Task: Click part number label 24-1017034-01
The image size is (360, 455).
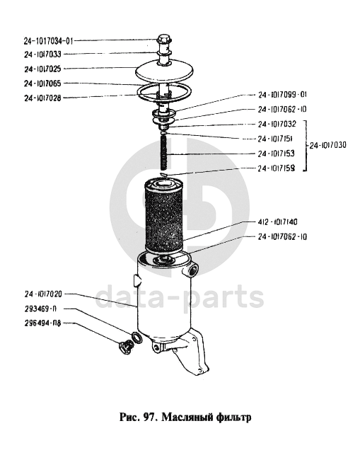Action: point(48,41)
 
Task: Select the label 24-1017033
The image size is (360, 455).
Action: point(42,54)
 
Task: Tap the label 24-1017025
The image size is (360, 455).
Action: point(42,69)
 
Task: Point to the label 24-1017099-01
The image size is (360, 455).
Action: point(282,95)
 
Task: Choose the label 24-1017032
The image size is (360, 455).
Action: point(277,125)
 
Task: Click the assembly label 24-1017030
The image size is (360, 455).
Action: point(327,145)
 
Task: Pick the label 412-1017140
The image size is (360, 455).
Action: point(277,222)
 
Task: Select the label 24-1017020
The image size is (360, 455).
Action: point(43,294)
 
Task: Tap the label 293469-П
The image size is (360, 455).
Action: point(40,309)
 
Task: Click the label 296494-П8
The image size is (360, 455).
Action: point(43,323)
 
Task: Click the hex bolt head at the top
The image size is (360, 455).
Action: point(164,39)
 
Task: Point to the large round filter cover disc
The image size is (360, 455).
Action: point(165,70)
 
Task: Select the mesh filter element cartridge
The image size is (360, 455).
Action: point(164,216)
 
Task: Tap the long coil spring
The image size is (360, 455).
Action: point(165,154)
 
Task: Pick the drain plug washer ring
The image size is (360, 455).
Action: point(137,338)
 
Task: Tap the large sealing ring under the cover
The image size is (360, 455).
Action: point(164,91)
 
